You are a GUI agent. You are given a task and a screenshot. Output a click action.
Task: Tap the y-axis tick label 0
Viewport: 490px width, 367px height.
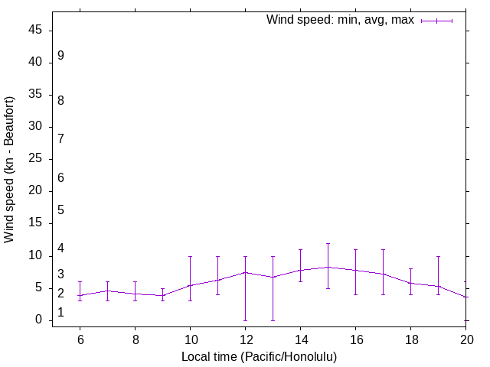(39, 320)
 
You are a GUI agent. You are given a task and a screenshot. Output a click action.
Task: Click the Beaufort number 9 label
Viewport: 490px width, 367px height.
(60, 56)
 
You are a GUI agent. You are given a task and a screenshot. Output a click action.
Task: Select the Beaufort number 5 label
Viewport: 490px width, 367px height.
(60, 210)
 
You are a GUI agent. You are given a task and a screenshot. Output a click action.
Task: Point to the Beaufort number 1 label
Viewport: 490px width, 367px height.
(60, 313)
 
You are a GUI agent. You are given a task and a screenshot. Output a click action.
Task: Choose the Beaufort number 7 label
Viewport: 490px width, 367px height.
(60, 138)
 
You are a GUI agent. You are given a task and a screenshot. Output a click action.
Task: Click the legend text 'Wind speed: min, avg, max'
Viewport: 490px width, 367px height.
(340, 20)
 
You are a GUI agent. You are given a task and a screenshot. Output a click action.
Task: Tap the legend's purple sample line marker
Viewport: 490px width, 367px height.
(437, 21)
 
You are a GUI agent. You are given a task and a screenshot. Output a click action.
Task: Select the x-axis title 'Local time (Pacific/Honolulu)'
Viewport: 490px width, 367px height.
(259, 356)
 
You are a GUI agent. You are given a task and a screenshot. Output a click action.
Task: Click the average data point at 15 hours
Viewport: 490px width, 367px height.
(328, 267)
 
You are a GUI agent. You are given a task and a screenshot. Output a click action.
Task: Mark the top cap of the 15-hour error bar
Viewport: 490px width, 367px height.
(328, 243)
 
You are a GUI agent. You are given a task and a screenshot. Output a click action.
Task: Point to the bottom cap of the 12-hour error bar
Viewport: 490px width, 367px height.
(245, 320)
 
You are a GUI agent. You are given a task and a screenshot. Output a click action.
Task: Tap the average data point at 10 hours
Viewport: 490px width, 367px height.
(190, 285)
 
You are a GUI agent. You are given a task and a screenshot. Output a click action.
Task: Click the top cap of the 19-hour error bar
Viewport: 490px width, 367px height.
(438, 256)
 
